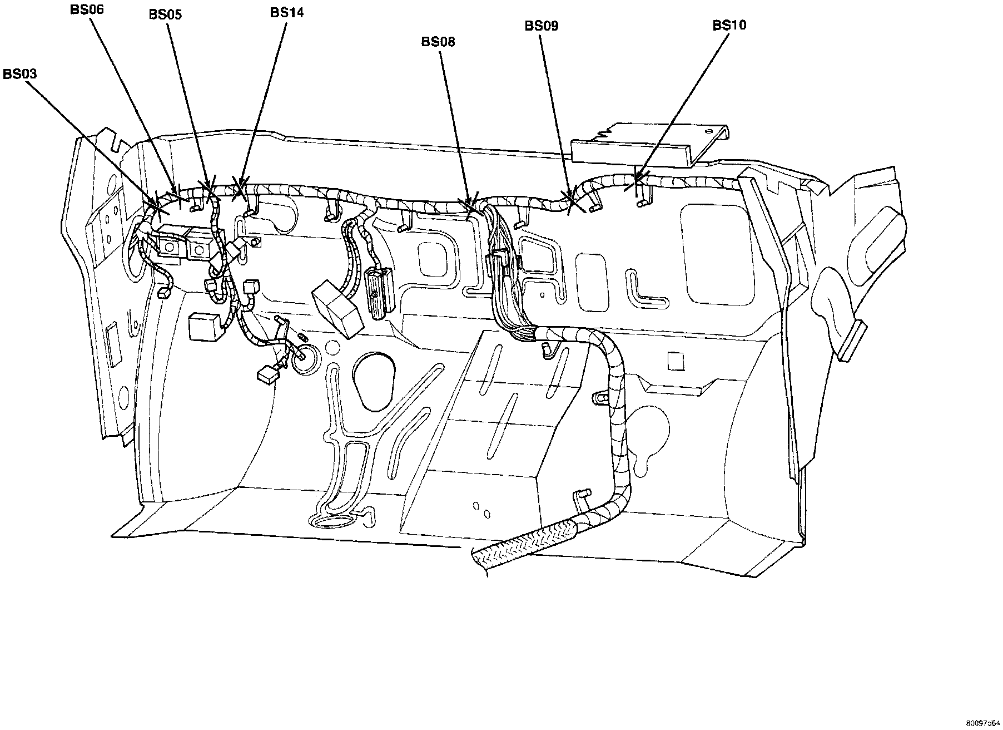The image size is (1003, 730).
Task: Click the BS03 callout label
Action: pyautogui.click(x=19, y=74)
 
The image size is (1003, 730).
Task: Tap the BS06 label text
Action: pyautogui.click(x=87, y=9)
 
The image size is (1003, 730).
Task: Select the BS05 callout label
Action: pyautogui.click(x=165, y=14)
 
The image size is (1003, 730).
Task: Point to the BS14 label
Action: pyautogui.click(x=287, y=12)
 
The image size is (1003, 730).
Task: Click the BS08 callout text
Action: pyautogui.click(x=438, y=42)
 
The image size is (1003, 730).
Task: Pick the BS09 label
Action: pyautogui.click(x=542, y=26)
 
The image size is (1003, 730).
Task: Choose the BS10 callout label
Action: pyautogui.click(x=729, y=25)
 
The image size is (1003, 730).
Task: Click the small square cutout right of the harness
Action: pyautogui.click(x=675, y=361)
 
